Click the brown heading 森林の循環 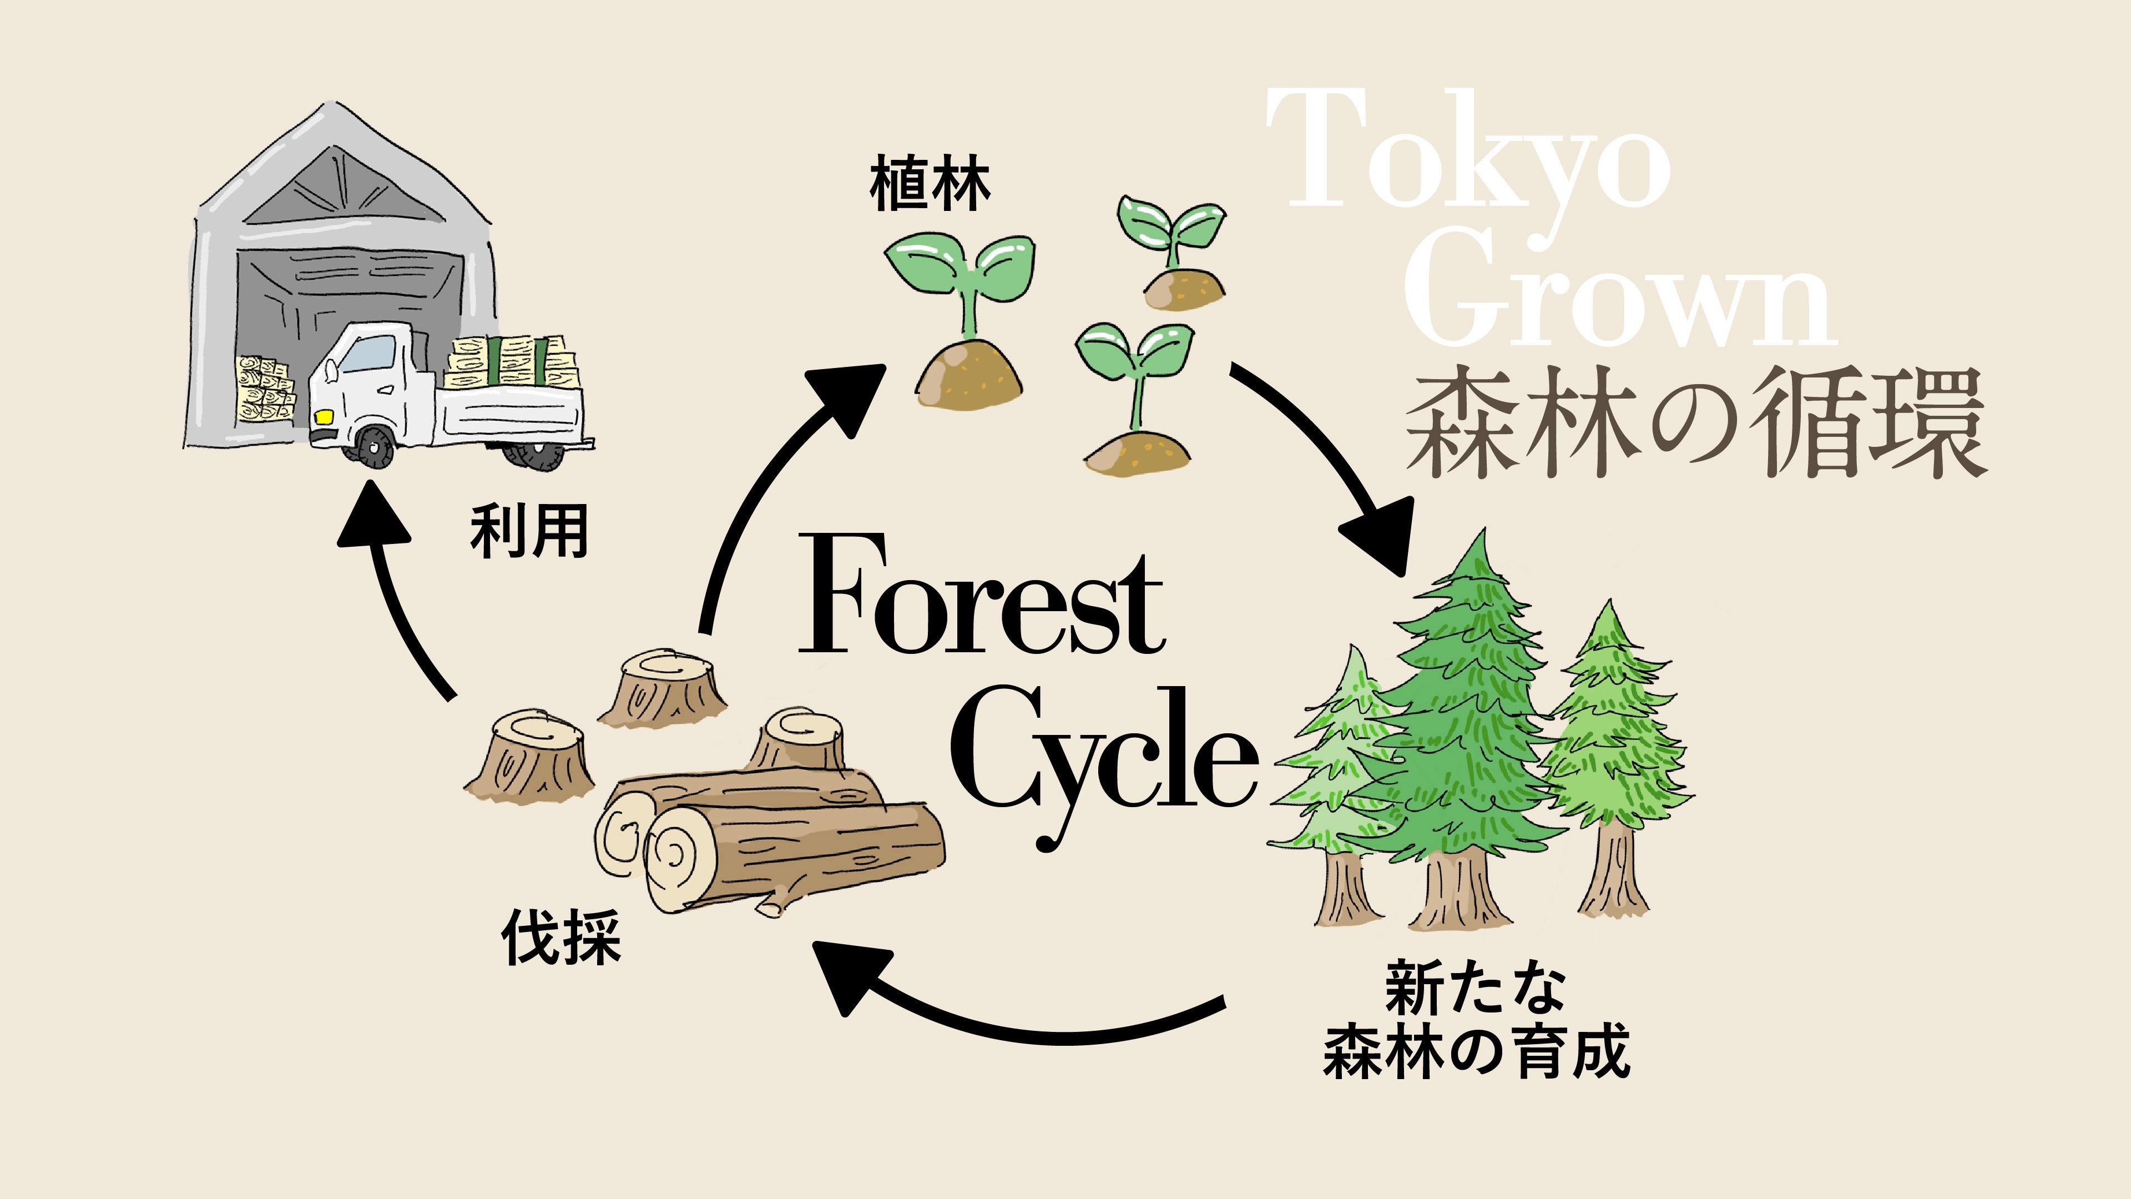point(1696,424)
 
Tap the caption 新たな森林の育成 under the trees point(1477,1021)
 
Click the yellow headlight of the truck point(324,415)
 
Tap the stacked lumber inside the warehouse point(263,389)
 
